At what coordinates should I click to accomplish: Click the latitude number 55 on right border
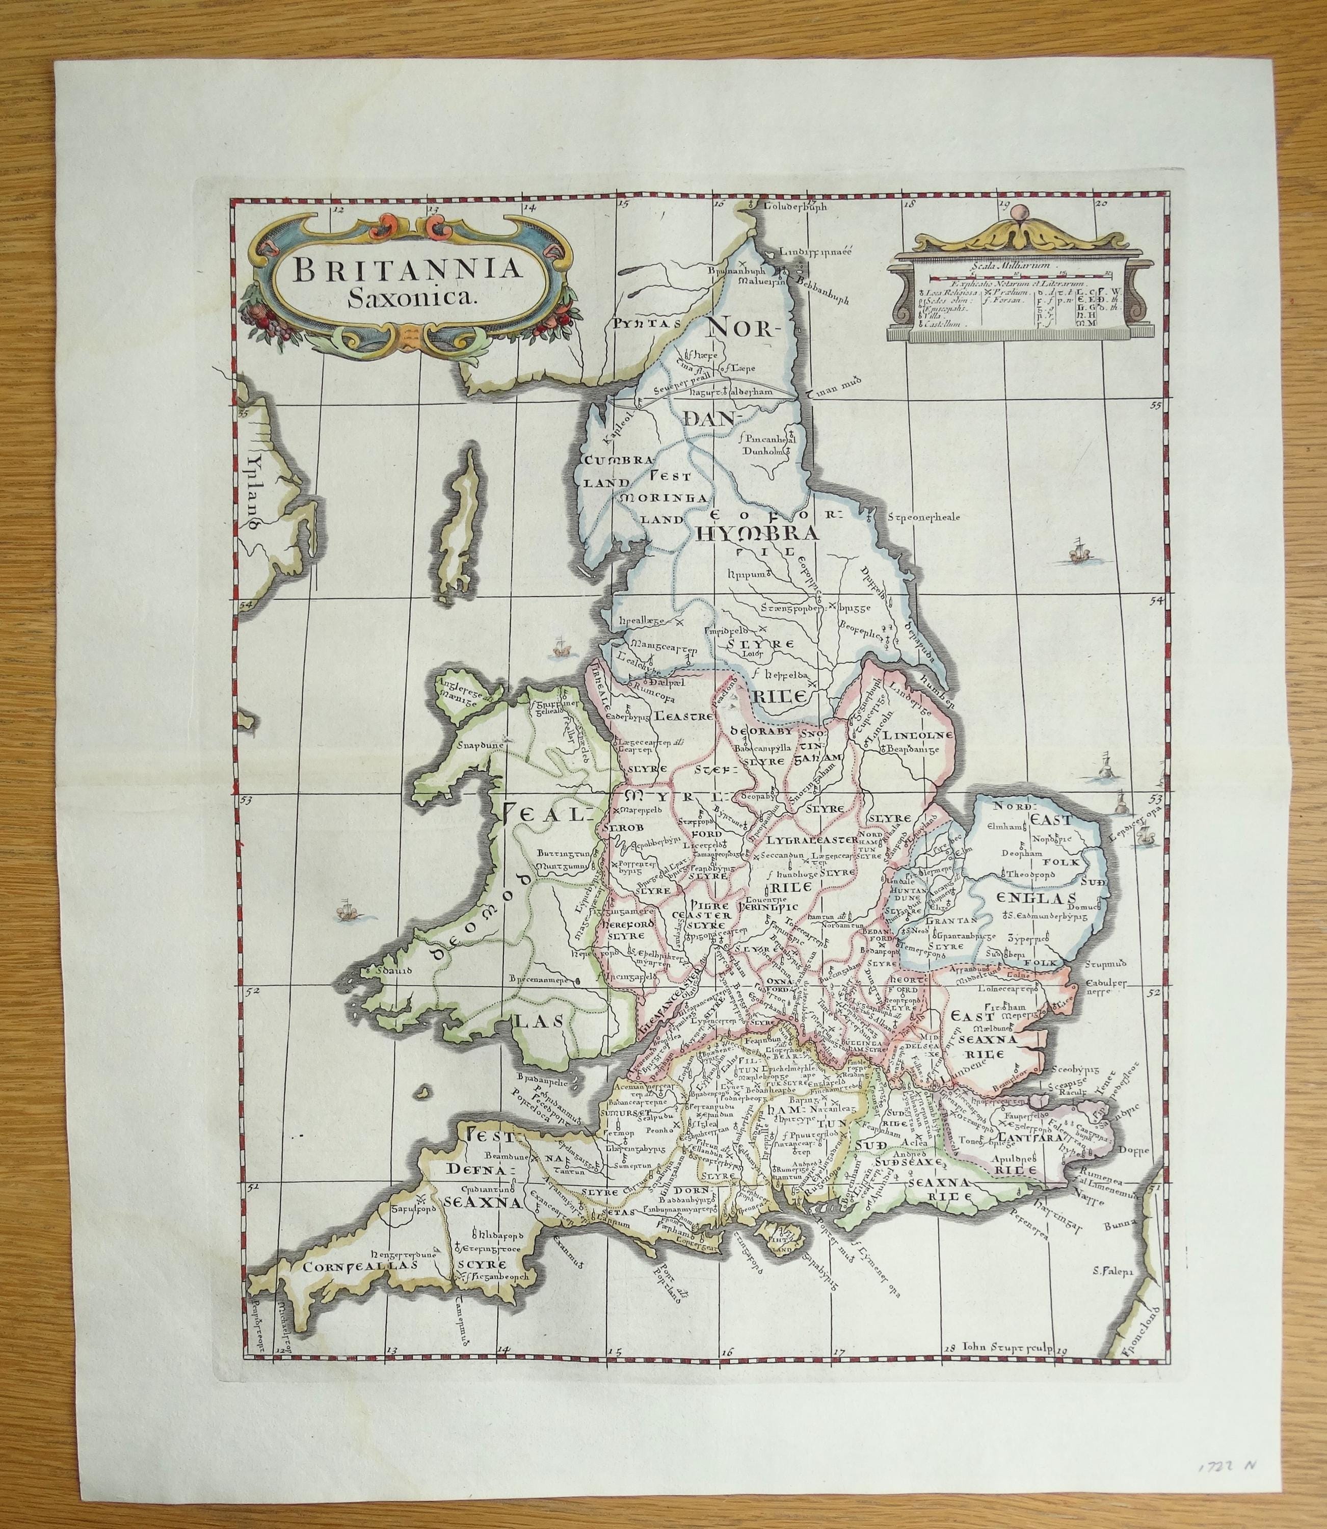tap(1154, 405)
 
